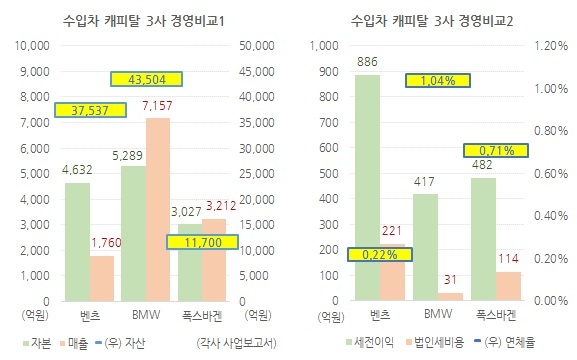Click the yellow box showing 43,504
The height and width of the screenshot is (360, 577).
[x=146, y=79]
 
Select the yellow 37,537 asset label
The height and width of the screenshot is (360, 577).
[x=91, y=110]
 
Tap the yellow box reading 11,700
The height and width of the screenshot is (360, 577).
[x=202, y=242]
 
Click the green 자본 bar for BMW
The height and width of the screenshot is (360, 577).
[x=133, y=234]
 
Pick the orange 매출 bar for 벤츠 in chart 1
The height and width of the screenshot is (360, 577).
[x=102, y=279]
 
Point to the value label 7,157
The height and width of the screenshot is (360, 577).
[x=157, y=106]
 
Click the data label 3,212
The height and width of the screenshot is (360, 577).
[x=221, y=206]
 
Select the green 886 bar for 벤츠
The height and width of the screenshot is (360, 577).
[x=367, y=188]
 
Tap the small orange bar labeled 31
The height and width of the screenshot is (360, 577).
[x=450, y=297]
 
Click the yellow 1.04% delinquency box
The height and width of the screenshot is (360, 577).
[x=438, y=81]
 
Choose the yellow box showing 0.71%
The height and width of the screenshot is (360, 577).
[x=496, y=150]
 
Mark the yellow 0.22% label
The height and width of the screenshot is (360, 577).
[x=380, y=255]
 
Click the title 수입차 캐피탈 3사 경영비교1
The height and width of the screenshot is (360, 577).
[x=144, y=21]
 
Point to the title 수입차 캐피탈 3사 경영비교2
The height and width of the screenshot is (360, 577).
[x=432, y=21]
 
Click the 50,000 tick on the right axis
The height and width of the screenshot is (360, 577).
[x=256, y=46]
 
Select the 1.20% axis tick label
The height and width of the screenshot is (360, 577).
[x=551, y=46]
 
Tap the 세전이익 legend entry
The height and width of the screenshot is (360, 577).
[x=370, y=342]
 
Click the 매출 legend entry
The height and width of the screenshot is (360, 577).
[x=74, y=343]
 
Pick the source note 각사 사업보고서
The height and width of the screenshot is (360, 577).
[x=237, y=343]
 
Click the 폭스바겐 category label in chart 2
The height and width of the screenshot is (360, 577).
[x=496, y=315]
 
